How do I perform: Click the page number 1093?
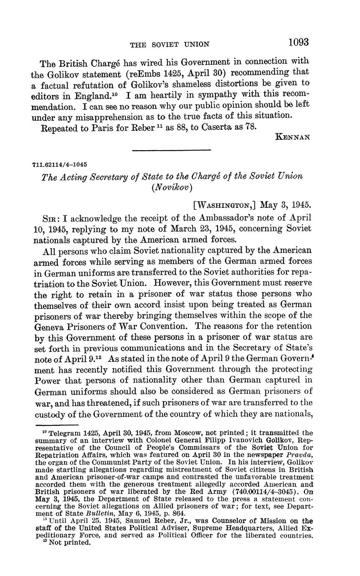(x=298, y=42)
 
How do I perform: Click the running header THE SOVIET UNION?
(x=170, y=44)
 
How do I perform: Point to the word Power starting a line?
(x=46, y=380)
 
